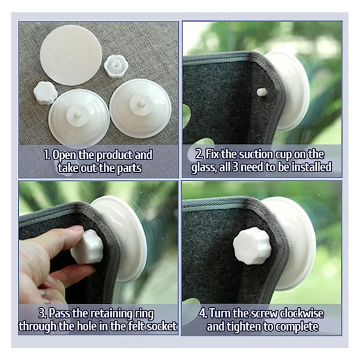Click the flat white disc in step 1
tap(71, 55)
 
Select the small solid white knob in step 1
tap(46, 93)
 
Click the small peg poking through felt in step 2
tap(261, 92)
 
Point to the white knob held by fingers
tap(87, 247)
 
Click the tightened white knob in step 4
tap(252, 245)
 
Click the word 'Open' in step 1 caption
tap(64, 155)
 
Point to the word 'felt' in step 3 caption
tap(137, 326)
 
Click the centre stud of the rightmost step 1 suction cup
tap(140, 104)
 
